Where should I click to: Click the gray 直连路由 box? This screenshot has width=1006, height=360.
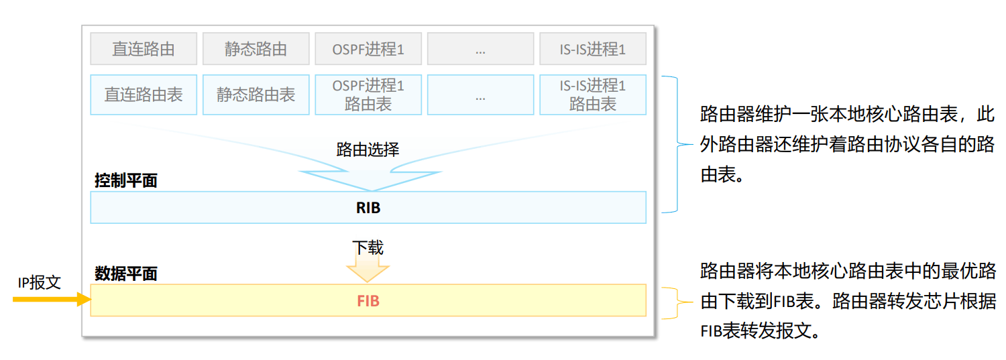144,49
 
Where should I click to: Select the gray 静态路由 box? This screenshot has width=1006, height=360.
256,49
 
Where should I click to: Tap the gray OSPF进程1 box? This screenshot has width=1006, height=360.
368,49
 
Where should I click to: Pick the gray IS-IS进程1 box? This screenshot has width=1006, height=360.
592,49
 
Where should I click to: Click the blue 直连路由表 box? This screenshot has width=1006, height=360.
144,95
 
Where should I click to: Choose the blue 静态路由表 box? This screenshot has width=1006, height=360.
256,95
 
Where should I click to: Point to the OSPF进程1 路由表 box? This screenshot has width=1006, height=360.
368,95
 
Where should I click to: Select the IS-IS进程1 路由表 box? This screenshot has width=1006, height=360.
592,95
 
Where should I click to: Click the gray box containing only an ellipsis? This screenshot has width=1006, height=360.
480,49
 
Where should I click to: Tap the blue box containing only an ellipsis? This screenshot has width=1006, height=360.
480,95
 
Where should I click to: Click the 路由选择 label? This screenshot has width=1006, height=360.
368,149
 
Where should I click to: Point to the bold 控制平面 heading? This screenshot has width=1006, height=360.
125,180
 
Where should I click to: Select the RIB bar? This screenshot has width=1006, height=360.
368,207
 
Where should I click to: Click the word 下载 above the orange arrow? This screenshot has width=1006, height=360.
368,247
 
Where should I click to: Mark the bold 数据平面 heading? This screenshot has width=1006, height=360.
125,274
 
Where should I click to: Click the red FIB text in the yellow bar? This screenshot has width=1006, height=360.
368,301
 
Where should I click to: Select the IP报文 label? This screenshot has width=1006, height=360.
39,282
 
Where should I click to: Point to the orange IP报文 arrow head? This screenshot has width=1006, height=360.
84,300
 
